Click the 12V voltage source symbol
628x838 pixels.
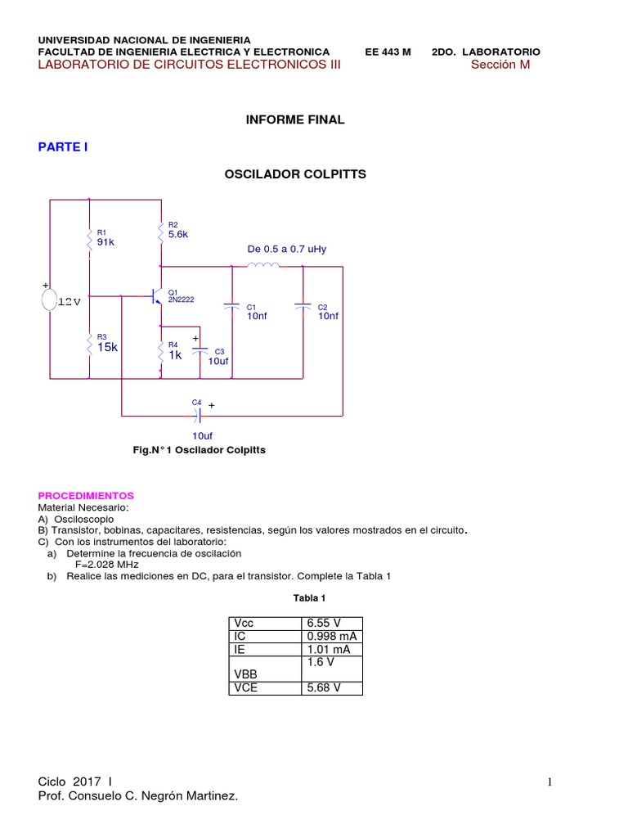coord(52,300)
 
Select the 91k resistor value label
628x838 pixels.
coord(106,242)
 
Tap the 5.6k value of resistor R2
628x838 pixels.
coord(178,234)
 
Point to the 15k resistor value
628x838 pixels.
coord(108,347)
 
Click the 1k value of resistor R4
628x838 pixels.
coord(175,355)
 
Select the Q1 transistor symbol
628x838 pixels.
coord(155,296)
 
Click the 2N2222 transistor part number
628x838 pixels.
coord(182,300)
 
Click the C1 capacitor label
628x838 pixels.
coord(252,308)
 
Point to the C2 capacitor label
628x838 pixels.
coord(323,308)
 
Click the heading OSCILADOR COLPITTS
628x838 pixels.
coord(295,174)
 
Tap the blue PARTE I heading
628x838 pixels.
coord(63,147)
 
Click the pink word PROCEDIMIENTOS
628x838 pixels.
coord(86,496)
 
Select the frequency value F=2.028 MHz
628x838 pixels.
coord(107,565)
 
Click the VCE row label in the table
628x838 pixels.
coord(245,688)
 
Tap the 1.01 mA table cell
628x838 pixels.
coord(328,650)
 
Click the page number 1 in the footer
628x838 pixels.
coord(549,783)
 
